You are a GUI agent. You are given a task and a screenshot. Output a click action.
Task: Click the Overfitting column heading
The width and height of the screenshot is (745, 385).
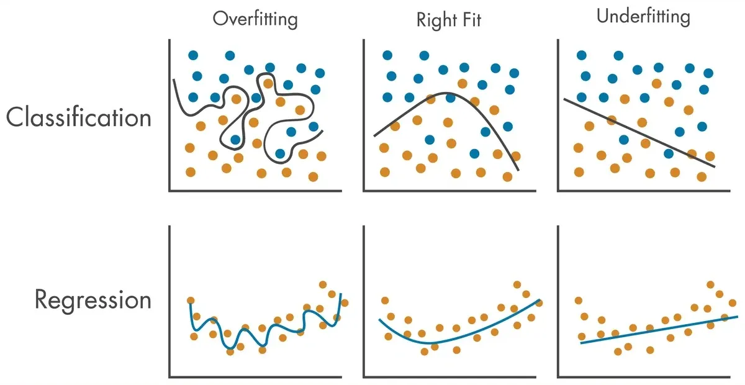coord(255,19)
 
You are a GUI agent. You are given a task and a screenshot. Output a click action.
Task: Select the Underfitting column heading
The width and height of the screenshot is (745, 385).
coord(643,17)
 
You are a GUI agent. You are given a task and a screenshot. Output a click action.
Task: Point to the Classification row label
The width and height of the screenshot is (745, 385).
coord(79,117)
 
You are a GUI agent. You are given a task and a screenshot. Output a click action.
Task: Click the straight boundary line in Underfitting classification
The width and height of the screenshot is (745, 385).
coord(639,133)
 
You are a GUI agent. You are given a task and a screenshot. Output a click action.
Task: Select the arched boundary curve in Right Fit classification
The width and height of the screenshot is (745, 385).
coord(446,94)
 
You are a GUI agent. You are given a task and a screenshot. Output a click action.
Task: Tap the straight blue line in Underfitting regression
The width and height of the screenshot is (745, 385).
coord(659,330)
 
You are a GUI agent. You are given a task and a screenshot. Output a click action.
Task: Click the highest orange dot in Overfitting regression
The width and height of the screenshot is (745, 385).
coord(323,284)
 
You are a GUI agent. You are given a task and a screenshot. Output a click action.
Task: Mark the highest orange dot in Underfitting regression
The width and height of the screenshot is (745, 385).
coord(710,284)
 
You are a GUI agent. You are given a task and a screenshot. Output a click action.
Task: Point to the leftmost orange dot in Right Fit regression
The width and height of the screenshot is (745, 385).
coord(385,301)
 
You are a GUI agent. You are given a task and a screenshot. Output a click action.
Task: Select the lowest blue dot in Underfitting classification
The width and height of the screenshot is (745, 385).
coord(669,153)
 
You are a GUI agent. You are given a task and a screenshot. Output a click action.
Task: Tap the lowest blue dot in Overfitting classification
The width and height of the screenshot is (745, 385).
coord(280,153)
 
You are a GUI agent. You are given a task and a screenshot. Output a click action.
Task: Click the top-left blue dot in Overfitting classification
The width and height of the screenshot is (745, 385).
coord(193,55)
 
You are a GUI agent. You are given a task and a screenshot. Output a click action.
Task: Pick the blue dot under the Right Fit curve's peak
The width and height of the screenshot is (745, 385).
coord(450,98)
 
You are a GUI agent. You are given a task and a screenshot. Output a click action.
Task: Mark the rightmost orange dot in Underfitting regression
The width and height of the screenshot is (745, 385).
coord(733,303)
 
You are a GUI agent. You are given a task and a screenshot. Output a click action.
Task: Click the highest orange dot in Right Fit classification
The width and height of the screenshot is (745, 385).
coord(463,84)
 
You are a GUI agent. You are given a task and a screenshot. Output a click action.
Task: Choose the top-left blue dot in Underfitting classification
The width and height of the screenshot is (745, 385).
coord(582,55)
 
